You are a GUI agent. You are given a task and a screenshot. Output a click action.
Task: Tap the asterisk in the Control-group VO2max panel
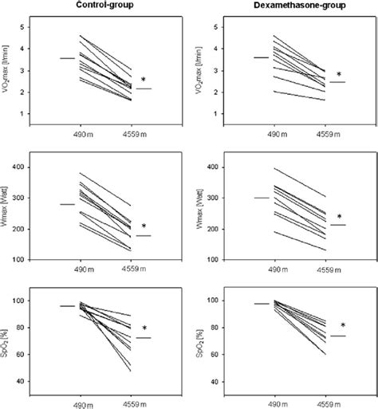click(x=144, y=81)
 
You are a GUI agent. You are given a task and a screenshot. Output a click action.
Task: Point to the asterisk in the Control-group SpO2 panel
click(x=144, y=328)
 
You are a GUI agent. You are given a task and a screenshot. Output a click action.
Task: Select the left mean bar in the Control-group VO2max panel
click(x=68, y=58)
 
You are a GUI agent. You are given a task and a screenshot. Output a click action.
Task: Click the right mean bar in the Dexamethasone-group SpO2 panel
click(x=338, y=336)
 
